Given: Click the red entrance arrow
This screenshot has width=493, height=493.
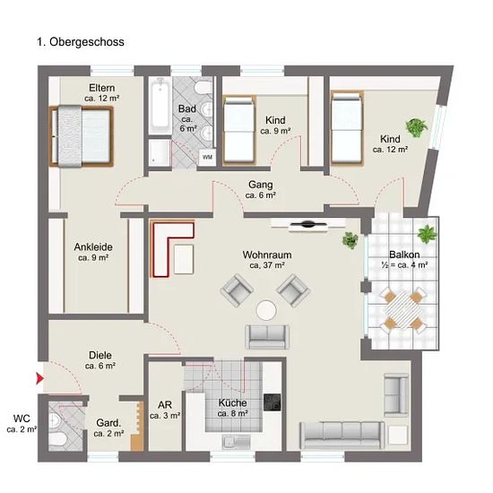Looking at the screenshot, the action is pyautogui.click(x=40, y=378).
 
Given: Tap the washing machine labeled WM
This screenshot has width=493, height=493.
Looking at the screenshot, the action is pyautogui.click(x=207, y=157).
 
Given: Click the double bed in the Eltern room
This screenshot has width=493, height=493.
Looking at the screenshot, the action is pyautogui.click(x=82, y=136).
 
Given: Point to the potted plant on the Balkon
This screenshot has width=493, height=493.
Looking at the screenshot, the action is pyautogui.click(x=427, y=234).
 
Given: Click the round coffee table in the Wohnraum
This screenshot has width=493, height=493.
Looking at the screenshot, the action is pyautogui.click(x=266, y=310).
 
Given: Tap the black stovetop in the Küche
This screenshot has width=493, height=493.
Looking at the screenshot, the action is pyautogui.click(x=272, y=402).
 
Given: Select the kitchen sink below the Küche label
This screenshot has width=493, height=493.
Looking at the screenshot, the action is pyautogui.click(x=237, y=443).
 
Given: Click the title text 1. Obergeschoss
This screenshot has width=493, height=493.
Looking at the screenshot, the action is pyautogui.click(x=81, y=42).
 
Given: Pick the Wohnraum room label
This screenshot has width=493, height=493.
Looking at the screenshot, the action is pyautogui.click(x=267, y=255).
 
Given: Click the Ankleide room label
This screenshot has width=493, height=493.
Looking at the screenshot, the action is pyautogui.click(x=93, y=247).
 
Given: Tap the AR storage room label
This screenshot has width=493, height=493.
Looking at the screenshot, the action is pyautogui.click(x=165, y=405).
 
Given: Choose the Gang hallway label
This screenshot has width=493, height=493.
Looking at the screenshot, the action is pyautogui.click(x=261, y=185).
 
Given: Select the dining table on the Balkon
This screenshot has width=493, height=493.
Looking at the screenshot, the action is pyautogui.click(x=403, y=311).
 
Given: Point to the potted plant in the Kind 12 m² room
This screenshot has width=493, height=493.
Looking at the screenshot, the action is pyautogui.click(x=417, y=127).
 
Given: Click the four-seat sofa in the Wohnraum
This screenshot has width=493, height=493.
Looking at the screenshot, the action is pyautogui.click(x=342, y=436).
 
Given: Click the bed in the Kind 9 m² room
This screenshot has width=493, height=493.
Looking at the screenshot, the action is pyautogui.click(x=239, y=130).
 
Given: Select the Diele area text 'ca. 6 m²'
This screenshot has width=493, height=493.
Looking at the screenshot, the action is pyautogui.click(x=100, y=366).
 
